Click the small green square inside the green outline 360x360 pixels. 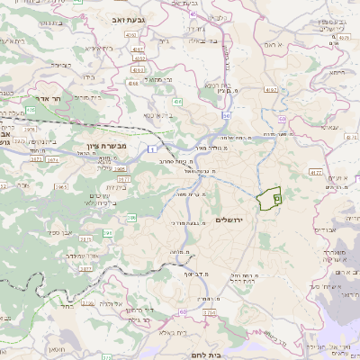tap(276, 191)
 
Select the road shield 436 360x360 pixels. tap(178, 103)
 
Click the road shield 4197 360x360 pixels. tap(270, 90)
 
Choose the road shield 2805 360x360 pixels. tap(120, 168)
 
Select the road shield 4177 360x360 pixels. tap(314, 171)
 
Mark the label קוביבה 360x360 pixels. tap(59, 65)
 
